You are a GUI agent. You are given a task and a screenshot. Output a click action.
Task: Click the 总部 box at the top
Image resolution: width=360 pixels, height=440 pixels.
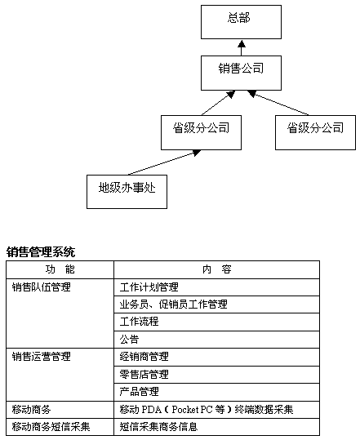click(x=241, y=22)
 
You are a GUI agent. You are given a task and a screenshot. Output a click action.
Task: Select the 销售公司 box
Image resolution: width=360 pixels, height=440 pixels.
click(x=241, y=73)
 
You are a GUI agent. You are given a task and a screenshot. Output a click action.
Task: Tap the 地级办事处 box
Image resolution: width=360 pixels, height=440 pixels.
click(x=127, y=192)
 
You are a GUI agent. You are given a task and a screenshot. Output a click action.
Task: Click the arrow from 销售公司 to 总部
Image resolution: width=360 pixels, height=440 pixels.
click(x=242, y=48)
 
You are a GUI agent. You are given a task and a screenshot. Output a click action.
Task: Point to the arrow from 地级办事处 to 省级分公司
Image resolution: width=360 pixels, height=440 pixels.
click(x=164, y=162)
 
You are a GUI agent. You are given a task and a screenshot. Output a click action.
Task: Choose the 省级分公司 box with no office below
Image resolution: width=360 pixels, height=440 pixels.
click(x=315, y=132)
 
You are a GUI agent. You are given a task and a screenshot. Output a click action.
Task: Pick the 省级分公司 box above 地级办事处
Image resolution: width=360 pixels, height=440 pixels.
click(x=201, y=132)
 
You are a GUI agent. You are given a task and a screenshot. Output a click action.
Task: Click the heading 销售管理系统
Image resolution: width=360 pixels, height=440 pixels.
click(x=41, y=251)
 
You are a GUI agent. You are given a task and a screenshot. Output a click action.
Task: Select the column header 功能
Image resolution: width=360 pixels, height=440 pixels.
click(x=60, y=269)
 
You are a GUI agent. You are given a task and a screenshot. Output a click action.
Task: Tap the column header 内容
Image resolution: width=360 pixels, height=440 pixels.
click(x=217, y=269)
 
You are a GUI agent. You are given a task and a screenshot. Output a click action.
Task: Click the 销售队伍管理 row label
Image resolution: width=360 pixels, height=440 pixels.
click(x=42, y=287)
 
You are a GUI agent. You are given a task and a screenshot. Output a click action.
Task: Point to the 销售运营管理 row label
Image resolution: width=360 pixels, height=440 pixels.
click(x=42, y=357)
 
